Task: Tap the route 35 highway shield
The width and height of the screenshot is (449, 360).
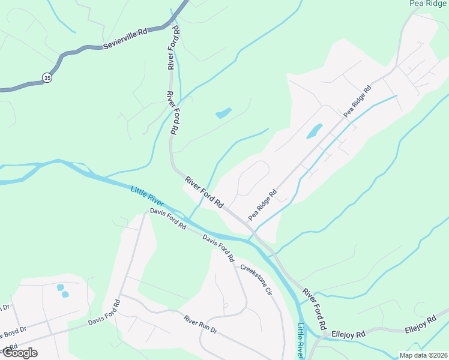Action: (x=46, y=77)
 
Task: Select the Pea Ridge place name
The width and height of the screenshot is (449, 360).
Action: (x=428, y=4)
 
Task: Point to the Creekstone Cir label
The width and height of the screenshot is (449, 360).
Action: (x=256, y=279)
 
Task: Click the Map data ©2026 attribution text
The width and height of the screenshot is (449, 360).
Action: (x=424, y=355)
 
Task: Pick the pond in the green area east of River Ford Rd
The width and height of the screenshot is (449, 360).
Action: (x=223, y=113)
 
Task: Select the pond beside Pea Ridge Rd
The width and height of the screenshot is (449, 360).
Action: (x=314, y=131)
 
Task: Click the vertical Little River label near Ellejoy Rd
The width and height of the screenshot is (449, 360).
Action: (x=301, y=340)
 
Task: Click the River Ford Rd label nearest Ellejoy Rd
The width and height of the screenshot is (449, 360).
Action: (x=315, y=309)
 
